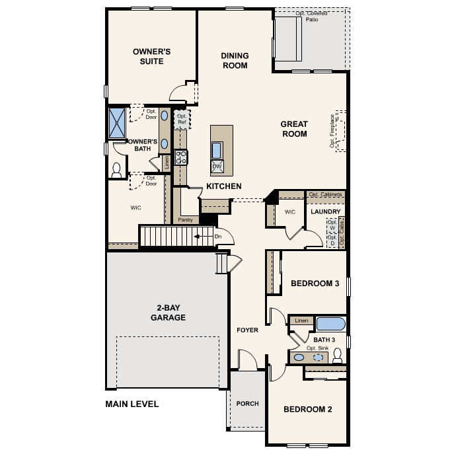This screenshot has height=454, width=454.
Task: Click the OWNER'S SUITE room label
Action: [x=152, y=56]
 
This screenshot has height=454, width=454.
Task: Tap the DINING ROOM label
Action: [x=234, y=61]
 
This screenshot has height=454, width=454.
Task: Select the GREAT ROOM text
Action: [x=294, y=129]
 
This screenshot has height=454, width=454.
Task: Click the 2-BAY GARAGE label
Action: [x=162, y=313]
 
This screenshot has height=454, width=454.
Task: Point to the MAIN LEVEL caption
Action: [x=132, y=404]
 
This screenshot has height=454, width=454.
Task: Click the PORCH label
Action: [x=248, y=404]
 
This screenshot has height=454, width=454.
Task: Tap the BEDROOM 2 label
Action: [x=307, y=409]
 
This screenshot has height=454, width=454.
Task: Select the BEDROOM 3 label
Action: [x=315, y=284]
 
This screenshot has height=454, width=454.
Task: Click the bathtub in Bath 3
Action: [x=330, y=324]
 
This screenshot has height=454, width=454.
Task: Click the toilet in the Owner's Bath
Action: [x=118, y=170]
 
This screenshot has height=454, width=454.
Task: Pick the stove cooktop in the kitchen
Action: [x=180, y=157]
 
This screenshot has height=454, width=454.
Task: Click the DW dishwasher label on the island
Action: [x=217, y=166]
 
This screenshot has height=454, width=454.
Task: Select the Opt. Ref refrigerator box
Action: [x=181, y=119]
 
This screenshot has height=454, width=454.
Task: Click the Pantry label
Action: [x=185, y=219]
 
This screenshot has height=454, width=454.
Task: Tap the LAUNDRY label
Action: [x=326, y=212]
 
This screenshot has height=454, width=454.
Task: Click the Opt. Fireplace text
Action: [x=332, y=131]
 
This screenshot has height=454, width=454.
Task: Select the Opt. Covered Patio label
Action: [x=311, y=16]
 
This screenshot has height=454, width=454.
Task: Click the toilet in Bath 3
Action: [x=338, y=357]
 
